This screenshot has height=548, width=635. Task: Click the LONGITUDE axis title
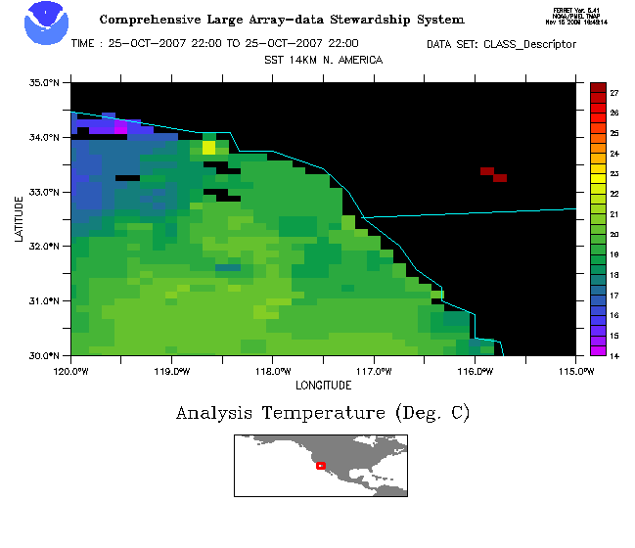click(324, 385)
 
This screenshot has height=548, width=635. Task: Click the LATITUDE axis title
click(20, 218)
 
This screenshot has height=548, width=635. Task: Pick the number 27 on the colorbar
click(614, 93)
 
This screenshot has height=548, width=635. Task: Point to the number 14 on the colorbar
click(614, 355)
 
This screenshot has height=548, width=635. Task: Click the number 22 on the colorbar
click(614, 194)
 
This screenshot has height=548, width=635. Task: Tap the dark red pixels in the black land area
click(493, 174)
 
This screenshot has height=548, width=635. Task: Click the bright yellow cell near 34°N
click(208, 148)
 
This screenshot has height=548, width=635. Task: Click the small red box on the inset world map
click(321, 465)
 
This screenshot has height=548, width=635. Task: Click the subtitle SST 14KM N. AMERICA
click(323, 60)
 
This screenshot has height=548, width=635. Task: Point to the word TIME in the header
click(85, 44)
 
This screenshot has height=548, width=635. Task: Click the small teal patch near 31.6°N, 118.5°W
click(228, 266)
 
